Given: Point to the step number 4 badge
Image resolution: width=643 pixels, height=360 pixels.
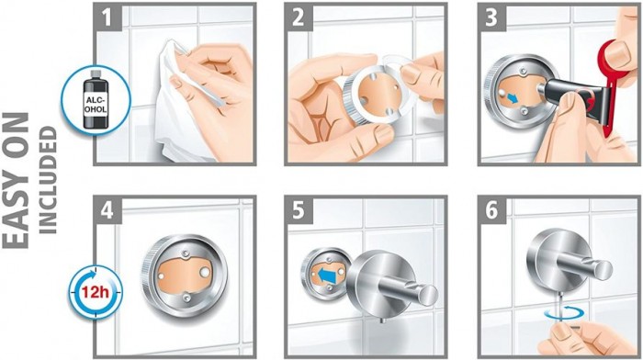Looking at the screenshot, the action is (107, 210).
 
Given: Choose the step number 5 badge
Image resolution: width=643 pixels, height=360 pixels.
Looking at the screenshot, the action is (299, 210).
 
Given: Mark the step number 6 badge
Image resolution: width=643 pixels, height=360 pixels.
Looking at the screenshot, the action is (491, 210).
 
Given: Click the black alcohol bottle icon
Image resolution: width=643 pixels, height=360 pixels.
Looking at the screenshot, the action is (96, 99).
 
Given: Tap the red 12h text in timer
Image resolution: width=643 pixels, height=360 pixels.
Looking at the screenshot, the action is (95, 292).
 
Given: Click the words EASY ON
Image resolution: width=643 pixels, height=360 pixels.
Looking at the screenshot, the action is (17, 180).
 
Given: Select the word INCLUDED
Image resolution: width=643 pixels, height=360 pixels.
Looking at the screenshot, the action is (48, 180).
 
